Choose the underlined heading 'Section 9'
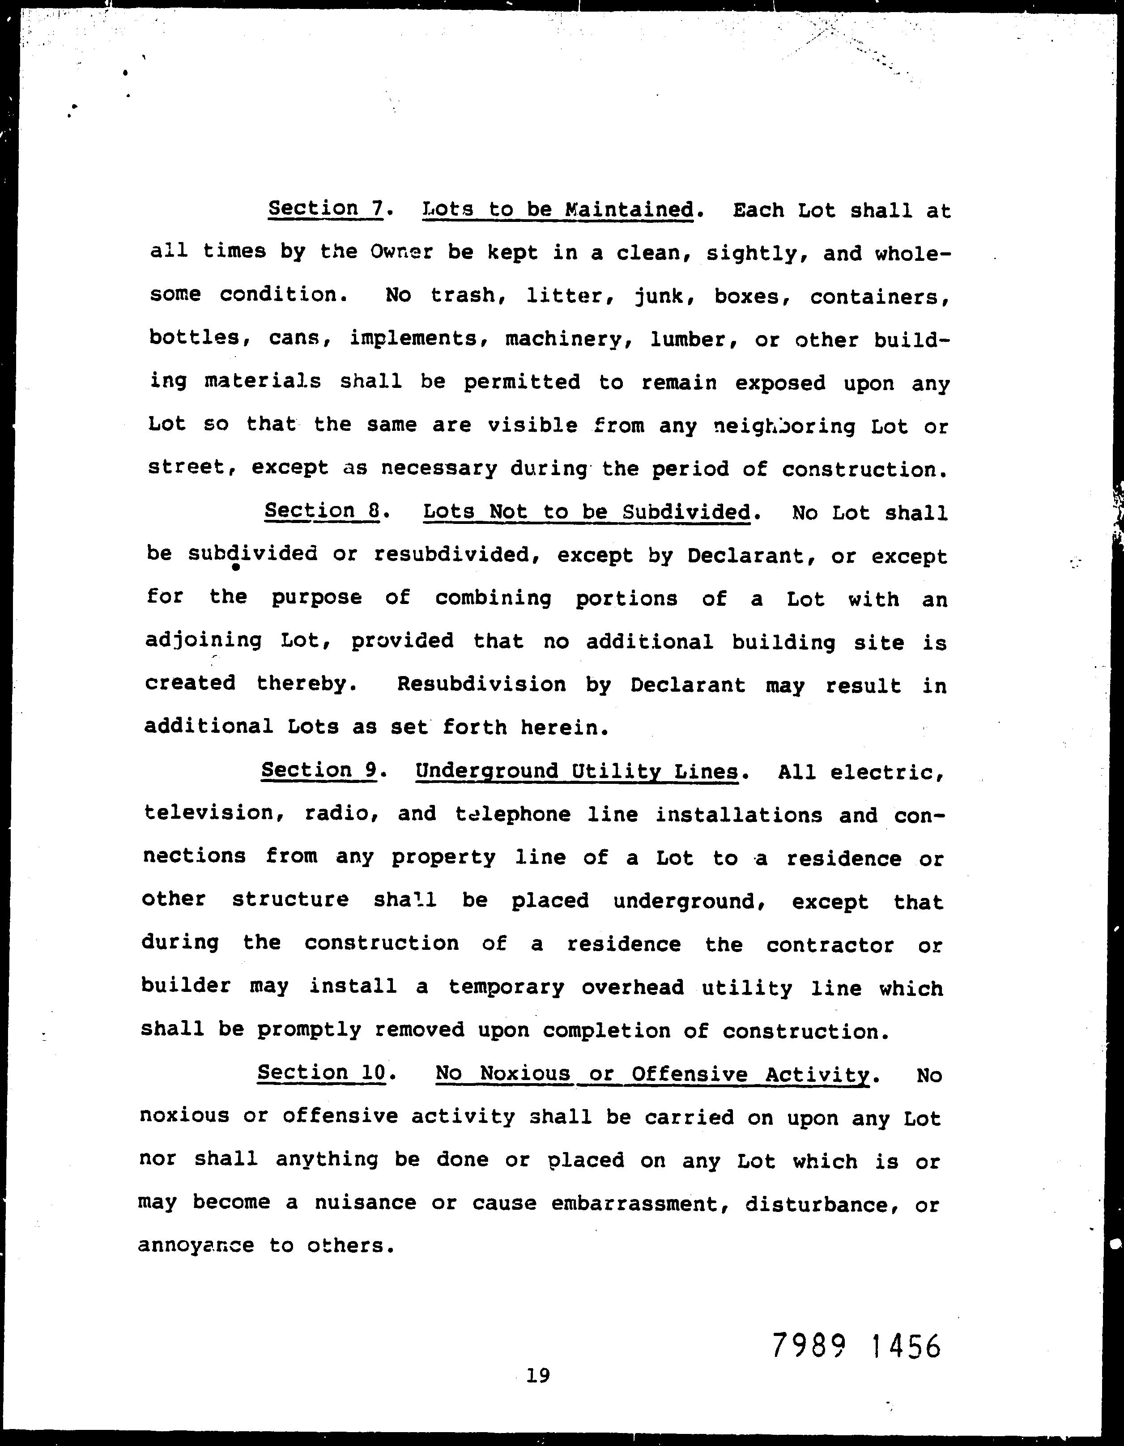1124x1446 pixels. coord(319,770)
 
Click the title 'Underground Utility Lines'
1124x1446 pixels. coord(576,771)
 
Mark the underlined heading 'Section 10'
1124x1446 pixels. coord(322,1072)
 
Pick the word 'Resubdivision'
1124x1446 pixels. coord(481,684)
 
